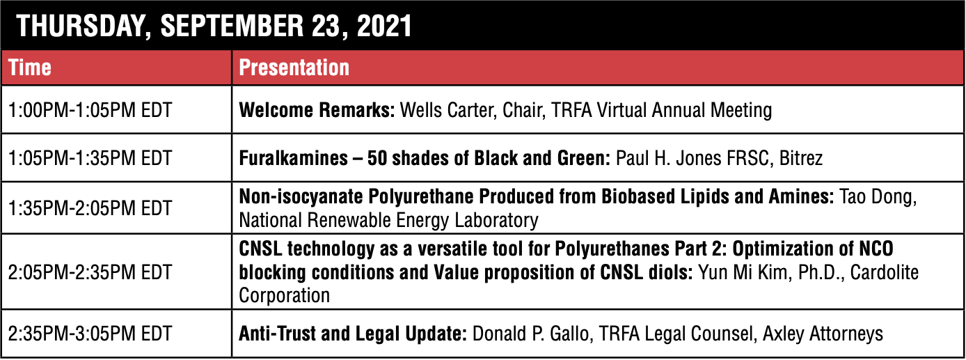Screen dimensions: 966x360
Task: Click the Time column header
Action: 30,68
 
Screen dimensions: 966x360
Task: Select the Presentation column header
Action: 294,68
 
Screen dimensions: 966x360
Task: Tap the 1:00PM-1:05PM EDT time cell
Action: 90,110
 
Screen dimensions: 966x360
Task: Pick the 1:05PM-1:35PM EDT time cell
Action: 90,158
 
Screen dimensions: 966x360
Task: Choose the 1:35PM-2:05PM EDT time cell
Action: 90,208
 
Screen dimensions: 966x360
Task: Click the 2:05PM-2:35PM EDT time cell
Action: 90,272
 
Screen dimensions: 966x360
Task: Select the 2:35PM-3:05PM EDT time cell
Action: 90,334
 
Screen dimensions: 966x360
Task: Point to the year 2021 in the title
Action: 383,26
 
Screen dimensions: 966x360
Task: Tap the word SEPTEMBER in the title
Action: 232,26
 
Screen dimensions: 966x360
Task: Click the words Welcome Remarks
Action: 317,110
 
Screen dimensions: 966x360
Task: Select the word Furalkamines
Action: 293,158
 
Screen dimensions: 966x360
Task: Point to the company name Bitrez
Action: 801,158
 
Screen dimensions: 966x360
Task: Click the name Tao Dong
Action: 877,197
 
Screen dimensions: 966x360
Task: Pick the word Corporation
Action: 285,296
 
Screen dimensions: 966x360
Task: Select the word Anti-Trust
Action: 277,334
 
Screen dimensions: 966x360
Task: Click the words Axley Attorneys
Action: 823,334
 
